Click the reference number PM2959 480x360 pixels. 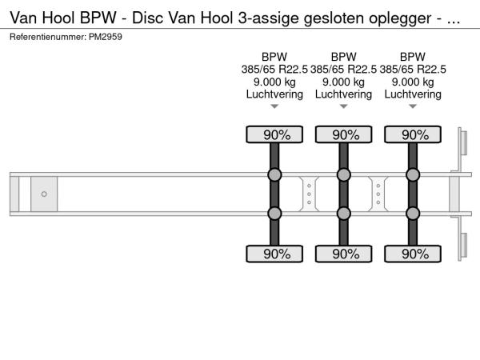coord(106,37)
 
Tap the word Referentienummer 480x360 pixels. coord(48,37)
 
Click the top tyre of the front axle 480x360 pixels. coord(274,134)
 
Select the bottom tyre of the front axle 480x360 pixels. coord(274,254)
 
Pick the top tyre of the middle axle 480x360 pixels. coord(344,134)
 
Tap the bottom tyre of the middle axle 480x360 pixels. coord(344,254)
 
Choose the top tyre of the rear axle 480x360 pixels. coord(413,134)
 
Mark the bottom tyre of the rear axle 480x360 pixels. coord(413,254)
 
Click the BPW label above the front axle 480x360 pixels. coord(274,57)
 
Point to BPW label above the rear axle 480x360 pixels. coord(413,57)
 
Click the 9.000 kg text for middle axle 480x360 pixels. coord(344,82)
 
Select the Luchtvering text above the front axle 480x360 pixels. coord(274,94)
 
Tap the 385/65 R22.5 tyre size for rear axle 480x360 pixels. coord(413,70)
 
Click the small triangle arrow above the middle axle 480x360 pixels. coord(344,106)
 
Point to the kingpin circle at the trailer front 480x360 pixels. coord(44,194)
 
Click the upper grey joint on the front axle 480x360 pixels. coord(274,174)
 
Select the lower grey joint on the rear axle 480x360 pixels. coord(413,214)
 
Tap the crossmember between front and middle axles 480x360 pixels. coord(309,194)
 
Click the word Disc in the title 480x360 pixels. coord(147,18)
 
